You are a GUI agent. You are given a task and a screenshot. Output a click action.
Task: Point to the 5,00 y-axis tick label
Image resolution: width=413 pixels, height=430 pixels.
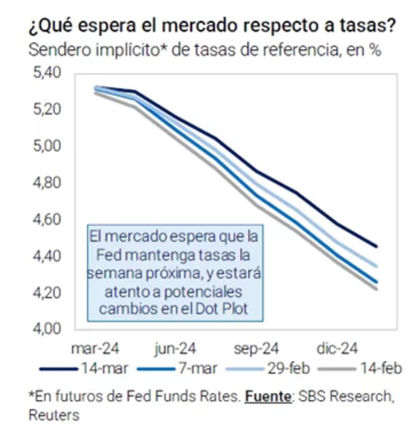coord(47,147)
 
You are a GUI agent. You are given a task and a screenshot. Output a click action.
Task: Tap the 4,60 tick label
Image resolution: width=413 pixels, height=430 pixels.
coord(47,220)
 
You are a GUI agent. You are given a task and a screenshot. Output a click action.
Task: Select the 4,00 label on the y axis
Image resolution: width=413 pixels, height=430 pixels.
coord(47,329)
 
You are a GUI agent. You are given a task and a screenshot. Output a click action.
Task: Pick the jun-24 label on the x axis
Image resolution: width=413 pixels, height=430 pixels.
coord(176,349)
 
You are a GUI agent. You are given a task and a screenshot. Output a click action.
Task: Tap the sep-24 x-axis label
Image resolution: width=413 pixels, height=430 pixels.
coord(256,349)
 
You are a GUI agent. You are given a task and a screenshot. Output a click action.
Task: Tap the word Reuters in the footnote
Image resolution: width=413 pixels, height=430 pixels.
coord(54,415)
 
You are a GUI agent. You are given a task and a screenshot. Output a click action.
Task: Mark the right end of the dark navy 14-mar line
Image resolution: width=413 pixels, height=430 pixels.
coord(376,246)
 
